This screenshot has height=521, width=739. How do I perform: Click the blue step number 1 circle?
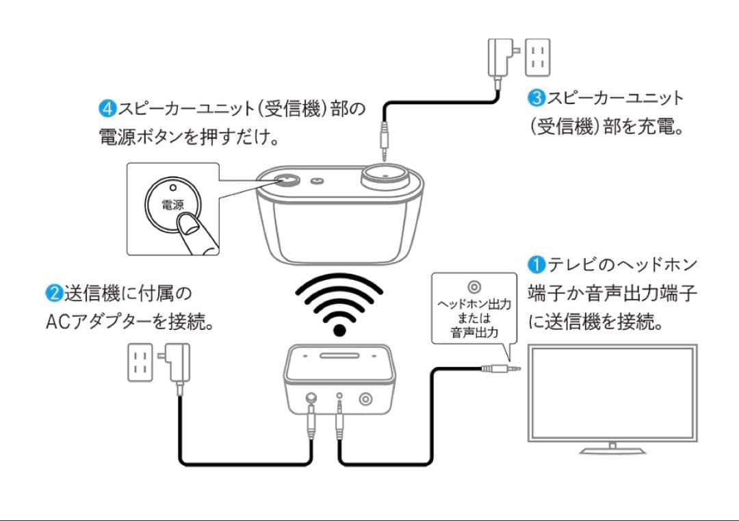pyautogui.click(x=536, y=264)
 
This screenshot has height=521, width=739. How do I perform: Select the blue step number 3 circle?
pyautogui.click(x=536, y=98)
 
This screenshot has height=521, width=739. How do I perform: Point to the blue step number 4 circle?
pyautogui.click(x=108, y=108)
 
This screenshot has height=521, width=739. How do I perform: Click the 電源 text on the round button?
pyautogui.click(x=172, y=205)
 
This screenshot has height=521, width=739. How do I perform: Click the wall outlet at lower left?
pyautogui.click(x=140, y=362)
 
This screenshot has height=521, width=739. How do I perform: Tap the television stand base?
pyautogui.click(x=612, y=450)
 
